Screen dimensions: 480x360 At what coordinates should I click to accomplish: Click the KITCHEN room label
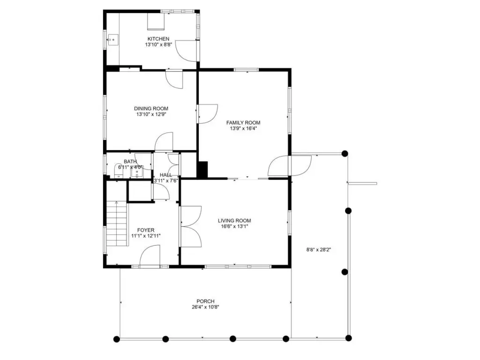click(x=158, y=39)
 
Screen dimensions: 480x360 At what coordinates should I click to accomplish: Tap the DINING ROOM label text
click(x=151, y=108)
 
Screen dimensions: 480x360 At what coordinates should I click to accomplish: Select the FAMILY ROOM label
click(x=243, y=123)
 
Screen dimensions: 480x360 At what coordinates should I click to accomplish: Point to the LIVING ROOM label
click(x=234, y=221)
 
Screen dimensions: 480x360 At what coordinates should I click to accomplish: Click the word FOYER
click(x=146, y=230)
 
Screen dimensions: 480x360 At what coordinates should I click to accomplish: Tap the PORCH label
click(x=205, y=301)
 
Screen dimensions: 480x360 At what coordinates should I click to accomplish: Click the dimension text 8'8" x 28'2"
click(x=319, y=249)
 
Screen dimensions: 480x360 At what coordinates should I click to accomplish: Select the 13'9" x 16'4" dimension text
click(x=243, y=128)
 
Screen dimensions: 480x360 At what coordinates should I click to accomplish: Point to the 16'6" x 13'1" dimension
click(x=234, y=226)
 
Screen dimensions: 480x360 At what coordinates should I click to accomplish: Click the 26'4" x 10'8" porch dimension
click(x=205, y=307)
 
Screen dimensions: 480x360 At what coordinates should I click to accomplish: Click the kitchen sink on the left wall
click(x=112, y=39)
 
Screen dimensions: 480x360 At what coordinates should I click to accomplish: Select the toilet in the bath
click(x=119, y=171)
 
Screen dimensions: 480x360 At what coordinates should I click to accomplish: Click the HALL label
click(x=166, y=175)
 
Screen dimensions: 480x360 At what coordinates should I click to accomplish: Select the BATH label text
click(x=130, y=162)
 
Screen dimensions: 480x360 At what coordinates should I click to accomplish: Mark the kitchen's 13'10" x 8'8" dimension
click(x=158, y=45)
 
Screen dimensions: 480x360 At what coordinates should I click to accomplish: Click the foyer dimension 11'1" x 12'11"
click(x=146, y=236)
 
